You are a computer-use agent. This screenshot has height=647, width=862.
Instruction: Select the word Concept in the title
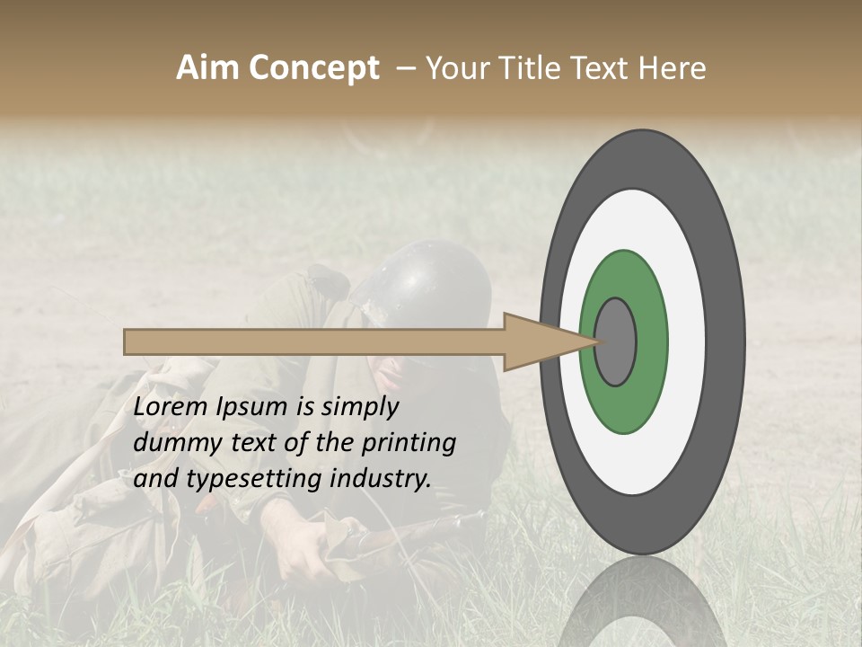[314, 69]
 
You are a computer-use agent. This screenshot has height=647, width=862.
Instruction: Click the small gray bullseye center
[615, 341]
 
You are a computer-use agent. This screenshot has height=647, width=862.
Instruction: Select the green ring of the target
[648, 341]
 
